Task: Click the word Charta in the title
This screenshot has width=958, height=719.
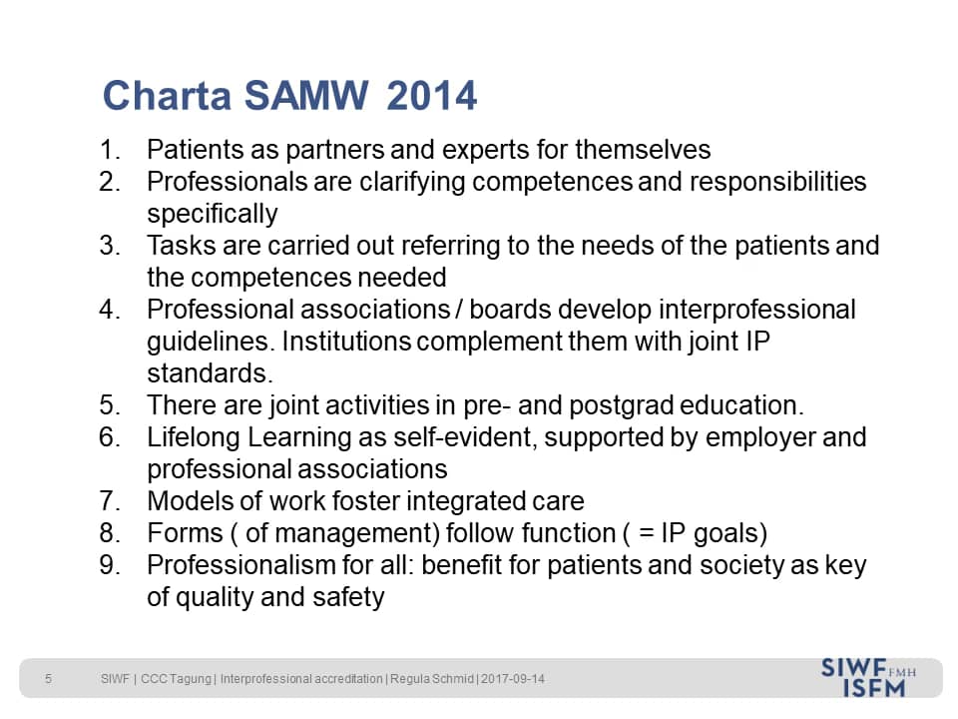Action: click(x=167, y=96)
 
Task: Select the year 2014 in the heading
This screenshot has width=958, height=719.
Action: click(x=431, y=96)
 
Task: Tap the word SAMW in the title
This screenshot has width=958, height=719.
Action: click(x=306, y=96)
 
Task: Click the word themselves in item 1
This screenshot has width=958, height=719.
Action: click(x=643, y=150)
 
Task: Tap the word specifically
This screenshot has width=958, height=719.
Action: click(x=213, y=215)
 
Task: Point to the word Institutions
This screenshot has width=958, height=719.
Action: click(x=346, y=342)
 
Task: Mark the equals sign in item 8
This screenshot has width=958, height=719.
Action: click(x=646, y=533)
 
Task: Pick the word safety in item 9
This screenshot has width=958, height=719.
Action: click(x=348, y=597)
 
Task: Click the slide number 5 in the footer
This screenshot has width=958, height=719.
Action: click(x=48, y=679)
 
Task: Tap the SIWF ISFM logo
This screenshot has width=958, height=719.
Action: click(x=868, y=677)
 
